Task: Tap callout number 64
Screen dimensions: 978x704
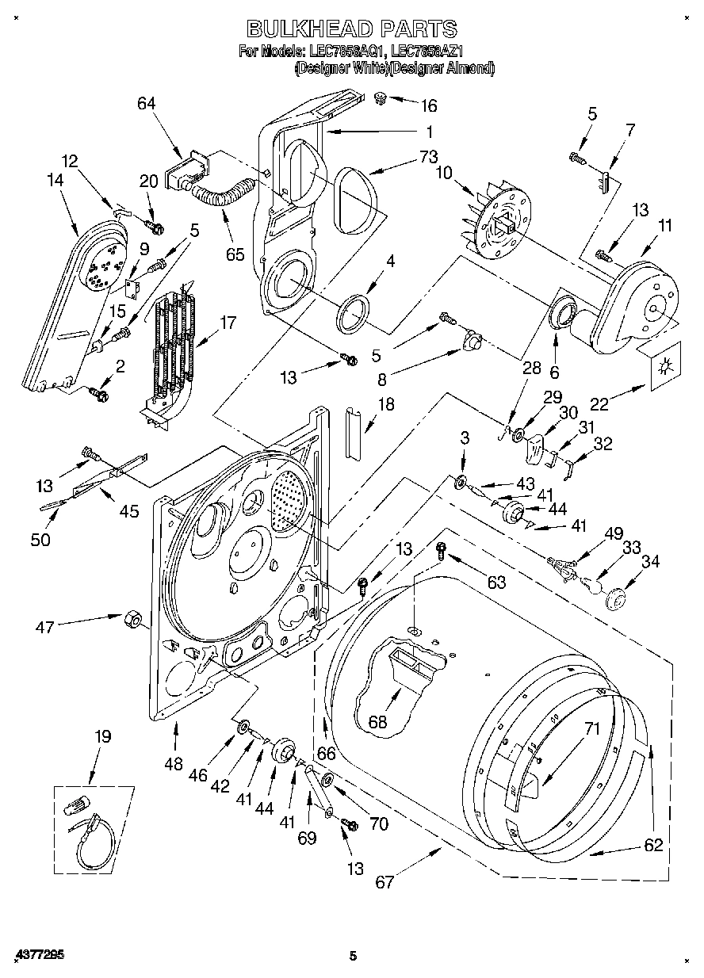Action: tap(146, 104)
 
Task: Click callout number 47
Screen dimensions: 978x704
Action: tap(44, 627)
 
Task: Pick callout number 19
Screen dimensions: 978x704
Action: tap(102, 736)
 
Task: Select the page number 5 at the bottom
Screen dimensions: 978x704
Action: tap(354, 956)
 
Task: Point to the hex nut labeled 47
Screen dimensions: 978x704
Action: tap(131, 618)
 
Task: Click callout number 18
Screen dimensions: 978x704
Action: tap(385, 404)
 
